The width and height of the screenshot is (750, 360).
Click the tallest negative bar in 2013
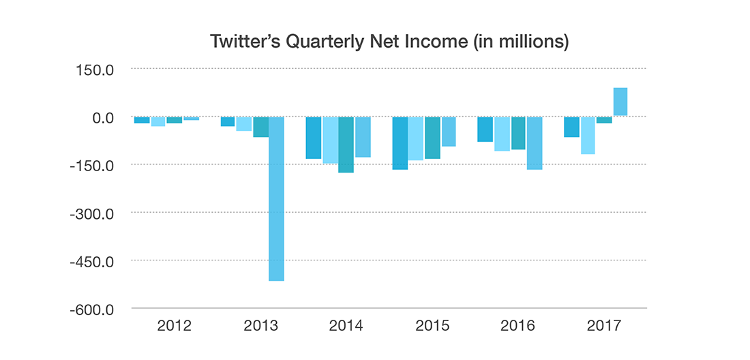click(276, 198)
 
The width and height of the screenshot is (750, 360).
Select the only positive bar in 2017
click(620, 102)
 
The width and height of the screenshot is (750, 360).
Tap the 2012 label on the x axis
click(175, 326)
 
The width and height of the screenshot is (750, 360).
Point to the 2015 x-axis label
click(432, 326)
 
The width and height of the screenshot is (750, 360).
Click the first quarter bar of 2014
click(314, 138)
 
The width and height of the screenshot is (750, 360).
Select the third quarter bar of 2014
click(346, 145)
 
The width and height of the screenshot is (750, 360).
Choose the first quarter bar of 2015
click(400, 143)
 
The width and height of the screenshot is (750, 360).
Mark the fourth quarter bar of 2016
click(535, 143)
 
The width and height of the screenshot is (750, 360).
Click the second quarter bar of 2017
click(587, 136)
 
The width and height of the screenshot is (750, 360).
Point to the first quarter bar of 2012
click(142, 120)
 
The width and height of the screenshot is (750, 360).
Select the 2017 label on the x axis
click(605, 326)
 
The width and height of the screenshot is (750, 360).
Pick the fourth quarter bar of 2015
click(449, 132)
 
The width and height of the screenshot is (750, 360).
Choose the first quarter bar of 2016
click(485, 130)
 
